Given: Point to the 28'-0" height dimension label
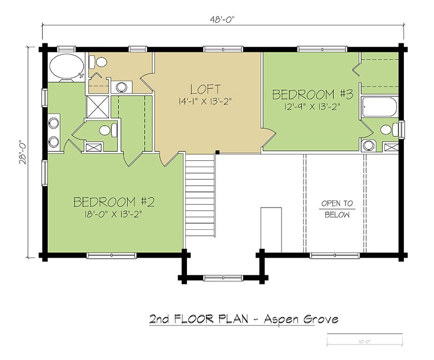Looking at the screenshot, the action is coord(23,152).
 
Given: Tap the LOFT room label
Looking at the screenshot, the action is coord(205,90).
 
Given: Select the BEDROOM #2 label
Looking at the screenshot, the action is coord(114,202).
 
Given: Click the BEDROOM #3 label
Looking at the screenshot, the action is coord(313,95).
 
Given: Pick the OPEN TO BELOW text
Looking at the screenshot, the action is coord(337,209).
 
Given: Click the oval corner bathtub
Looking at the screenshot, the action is coord(66,67).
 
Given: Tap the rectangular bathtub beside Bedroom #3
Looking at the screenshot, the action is coord(379,107).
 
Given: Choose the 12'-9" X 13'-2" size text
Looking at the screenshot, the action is coord(312,106).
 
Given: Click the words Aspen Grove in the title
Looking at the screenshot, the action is coord(301,319).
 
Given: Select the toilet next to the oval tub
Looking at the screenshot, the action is coord(98,62).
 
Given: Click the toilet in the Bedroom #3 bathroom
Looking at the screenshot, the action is coord(389,130).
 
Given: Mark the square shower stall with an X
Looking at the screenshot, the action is coord(97,107).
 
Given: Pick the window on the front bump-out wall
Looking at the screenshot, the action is coord(223,278).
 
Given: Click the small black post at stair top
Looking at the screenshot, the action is coord(218,152).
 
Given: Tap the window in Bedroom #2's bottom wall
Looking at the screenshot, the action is coord(111,255).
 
